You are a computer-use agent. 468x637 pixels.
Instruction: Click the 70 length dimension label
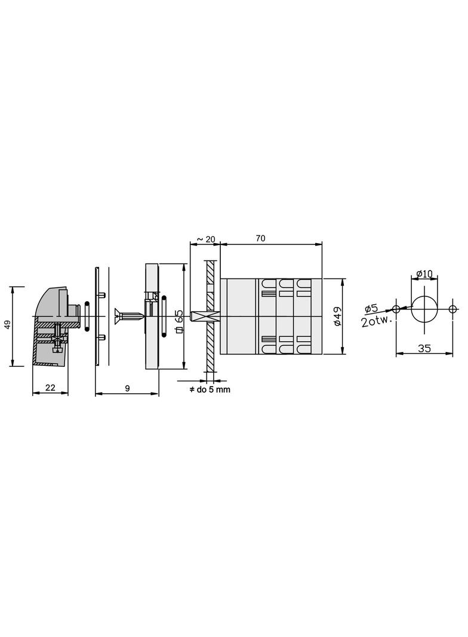pyautogui.click(x=261, y=238)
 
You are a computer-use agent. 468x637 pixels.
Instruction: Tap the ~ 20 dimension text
pyautogui.click(x=206, y=239)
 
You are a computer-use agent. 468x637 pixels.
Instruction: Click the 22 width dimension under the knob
pyautogui.click(x=50, y=387)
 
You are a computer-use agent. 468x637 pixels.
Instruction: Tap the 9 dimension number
pyautogui.click(x=128, y=388)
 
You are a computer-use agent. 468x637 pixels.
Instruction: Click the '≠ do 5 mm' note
pyautogui.click(x=210, y=390)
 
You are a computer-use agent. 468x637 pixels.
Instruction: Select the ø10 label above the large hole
pyautogui.click(x=425, y=274)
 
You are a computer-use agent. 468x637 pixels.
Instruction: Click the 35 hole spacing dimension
pyautogui.click(x=424, y=348)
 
